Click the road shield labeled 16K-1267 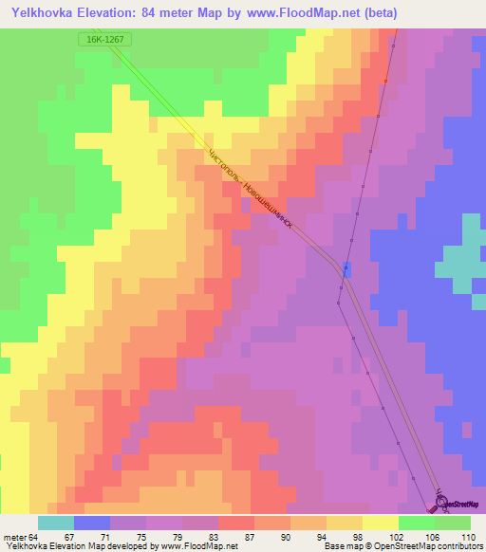[x=104, y=40]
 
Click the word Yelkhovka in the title [x=44, y=12]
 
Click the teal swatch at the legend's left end [x=56, y=523]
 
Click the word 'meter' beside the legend [x=14, y=537]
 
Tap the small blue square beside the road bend [x=346, y=267]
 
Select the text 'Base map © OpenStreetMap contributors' [x=402, y=546]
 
